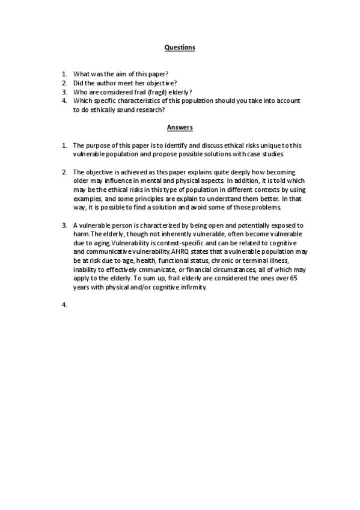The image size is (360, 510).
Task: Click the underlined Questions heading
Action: pos(180,47)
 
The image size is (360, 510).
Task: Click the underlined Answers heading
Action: pos(180,127)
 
